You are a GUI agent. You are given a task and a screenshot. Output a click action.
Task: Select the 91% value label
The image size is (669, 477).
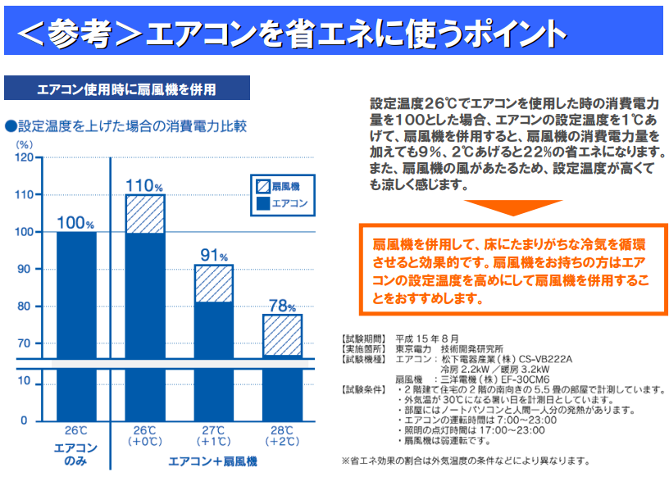[213, 254]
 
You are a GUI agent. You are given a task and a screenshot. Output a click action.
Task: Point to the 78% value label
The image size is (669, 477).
[282, 306]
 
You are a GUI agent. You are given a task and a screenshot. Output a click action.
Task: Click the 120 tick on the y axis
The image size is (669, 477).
[24, 157]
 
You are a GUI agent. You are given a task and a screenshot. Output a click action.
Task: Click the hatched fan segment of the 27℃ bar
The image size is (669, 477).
[214, 284]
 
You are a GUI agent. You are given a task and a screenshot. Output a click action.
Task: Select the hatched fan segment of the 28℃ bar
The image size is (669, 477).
[283, 334]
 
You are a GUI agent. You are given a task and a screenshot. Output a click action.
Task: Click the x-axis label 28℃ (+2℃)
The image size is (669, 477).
[283, 436]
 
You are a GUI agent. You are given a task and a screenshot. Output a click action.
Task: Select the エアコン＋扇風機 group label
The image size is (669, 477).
[213, 461]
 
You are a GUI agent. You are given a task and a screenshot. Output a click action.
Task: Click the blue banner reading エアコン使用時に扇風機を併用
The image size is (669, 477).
[126, 89]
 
